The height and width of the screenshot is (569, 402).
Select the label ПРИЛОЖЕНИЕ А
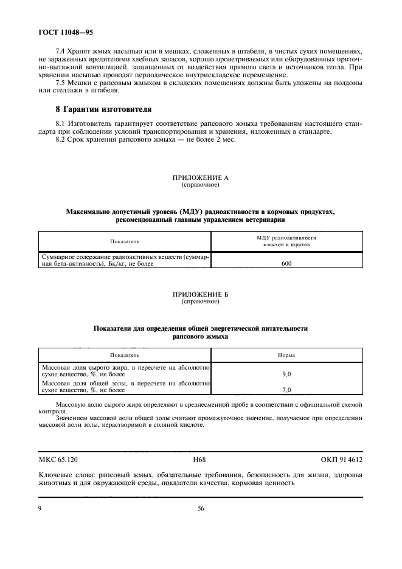[x=200, y=178]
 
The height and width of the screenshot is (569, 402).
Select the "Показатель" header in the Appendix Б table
[x=125, y=354]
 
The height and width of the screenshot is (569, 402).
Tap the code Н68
[x=200, y=460]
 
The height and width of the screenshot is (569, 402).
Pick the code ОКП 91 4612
[x=341, y=460]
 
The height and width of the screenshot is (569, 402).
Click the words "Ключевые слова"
[x=63, y=476]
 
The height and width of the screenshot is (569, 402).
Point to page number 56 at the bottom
[x=200, y=509]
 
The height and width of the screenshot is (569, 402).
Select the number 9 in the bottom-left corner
[x=40, y=509]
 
